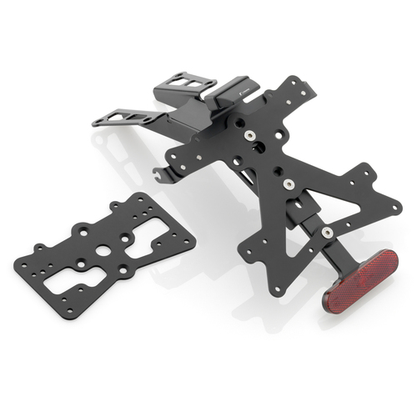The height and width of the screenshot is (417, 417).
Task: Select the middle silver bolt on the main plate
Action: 288,183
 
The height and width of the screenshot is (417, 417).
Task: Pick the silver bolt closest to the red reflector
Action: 328,231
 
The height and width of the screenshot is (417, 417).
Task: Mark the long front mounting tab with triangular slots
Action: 125,115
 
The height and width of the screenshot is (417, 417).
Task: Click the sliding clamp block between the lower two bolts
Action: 306,208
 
